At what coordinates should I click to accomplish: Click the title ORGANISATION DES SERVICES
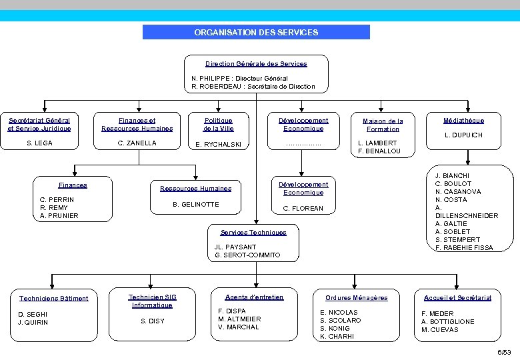point(256,32)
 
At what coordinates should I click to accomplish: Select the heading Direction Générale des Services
point(256,64)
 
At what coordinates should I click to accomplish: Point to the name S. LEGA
point(39,143)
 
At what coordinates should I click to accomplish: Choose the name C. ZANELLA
point(137,143)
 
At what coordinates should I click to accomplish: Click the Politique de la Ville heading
point(218,124)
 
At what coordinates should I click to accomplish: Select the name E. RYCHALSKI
point(219,145)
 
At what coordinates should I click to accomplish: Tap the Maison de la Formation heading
point(383,125)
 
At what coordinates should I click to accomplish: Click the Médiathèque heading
point(464,121)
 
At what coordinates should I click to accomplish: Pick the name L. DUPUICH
point(464,135)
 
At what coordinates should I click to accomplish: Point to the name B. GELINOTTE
point(195,205)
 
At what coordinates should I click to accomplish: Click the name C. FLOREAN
point(303,209)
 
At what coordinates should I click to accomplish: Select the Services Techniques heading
point(253,233)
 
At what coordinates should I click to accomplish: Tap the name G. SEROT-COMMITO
point(247,255)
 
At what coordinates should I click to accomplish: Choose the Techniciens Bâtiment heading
point(54,299)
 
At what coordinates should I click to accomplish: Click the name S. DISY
point(152,321)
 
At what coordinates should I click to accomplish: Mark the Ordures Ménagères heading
point(357,298)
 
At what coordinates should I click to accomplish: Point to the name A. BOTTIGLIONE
point(448,321)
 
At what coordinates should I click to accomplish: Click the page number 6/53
point(504,352)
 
